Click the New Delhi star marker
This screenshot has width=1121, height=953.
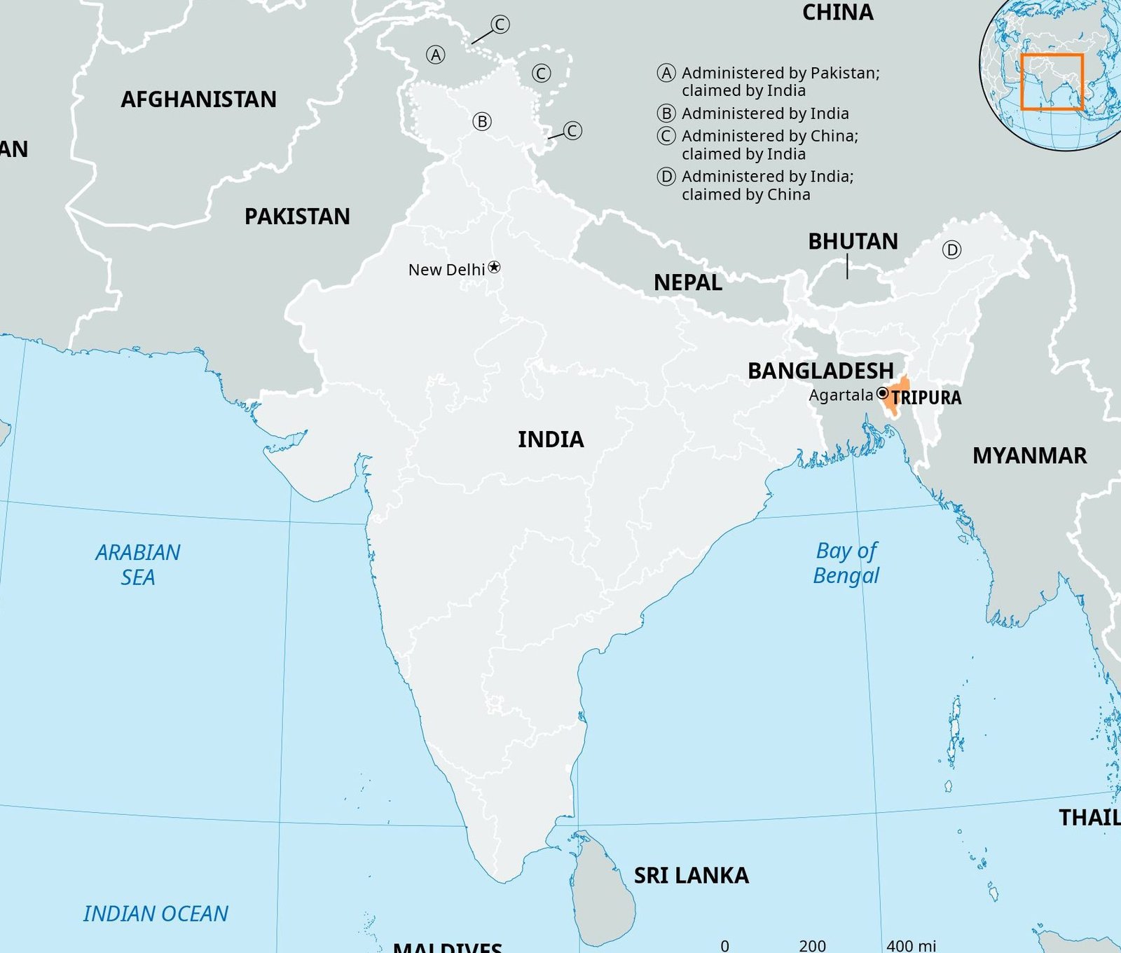point(495,267)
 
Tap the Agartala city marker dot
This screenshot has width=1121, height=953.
point(883,393)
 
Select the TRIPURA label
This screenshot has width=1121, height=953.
point(926,398)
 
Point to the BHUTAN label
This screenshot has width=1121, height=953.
point(853,242)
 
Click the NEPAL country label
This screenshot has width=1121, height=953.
point(687,283)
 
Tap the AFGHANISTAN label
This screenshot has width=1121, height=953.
point(198,100)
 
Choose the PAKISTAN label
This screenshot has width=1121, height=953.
point(297,217)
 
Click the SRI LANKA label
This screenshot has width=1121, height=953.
point(691,875)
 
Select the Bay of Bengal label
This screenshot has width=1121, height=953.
point(846,563)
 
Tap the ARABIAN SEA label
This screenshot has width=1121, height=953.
point(138,565)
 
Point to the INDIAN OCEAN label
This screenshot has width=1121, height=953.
point(156,914)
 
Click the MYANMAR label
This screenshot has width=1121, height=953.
point(1029,456)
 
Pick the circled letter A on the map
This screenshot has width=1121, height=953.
point(436,55)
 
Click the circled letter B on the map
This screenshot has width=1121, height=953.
point(482,121)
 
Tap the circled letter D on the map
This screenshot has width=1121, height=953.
point(951,249)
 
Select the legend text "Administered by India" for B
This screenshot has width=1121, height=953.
point(764,114)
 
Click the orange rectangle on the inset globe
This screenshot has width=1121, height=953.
point(1052,81)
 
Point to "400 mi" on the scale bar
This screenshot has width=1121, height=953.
point(911,945)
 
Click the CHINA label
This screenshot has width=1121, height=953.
point(837,13)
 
